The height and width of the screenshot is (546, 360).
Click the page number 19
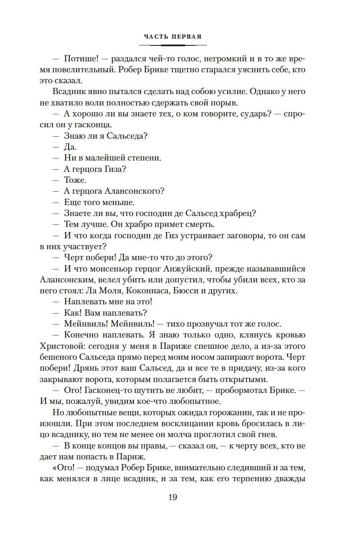point(172,498)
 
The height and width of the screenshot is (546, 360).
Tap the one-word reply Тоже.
point(75,180)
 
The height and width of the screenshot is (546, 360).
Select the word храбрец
point(238,213)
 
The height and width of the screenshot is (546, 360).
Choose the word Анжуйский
point(188,268)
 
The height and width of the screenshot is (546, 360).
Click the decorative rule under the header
point(172,45)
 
